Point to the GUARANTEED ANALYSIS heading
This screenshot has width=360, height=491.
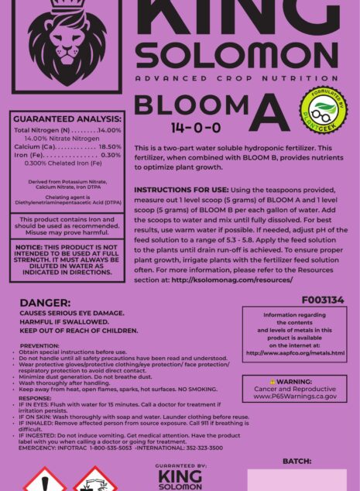pos(67,119)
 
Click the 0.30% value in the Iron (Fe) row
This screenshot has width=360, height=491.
pos(111,155)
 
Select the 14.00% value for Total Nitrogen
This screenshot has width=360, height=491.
pos(110,130)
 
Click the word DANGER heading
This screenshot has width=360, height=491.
pos(45,303)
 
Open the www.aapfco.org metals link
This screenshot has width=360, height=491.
pos(295,353)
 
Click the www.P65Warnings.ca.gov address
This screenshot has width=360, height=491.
pos(295,396)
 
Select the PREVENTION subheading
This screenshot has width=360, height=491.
pos(39,345)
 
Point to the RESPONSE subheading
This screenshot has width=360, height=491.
pos(35,398)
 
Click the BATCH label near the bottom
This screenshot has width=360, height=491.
pos(297,461)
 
